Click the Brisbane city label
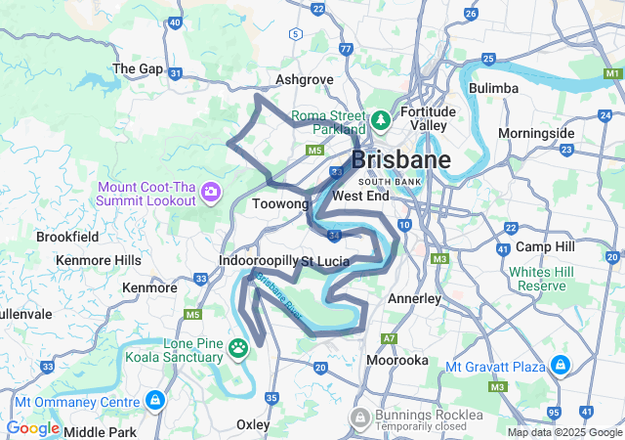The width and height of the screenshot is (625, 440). (400, 159)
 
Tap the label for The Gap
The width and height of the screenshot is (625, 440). (138, 68)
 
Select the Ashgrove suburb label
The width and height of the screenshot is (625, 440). (305, 79)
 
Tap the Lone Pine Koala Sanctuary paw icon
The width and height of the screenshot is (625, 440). (238, 348)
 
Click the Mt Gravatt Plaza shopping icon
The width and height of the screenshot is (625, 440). (560, 367)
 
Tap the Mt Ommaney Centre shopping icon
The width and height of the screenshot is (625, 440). (155, 401)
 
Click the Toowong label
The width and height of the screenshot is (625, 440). (280, 204)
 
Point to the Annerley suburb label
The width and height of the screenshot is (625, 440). (414, 298)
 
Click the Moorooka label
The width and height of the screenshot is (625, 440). (396, 361)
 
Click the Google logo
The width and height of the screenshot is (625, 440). (32, 428)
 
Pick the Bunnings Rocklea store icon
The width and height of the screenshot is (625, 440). (360, 419)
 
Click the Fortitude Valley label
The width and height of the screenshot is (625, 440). (429, 118)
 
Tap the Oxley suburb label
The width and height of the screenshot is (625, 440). (253, 425)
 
